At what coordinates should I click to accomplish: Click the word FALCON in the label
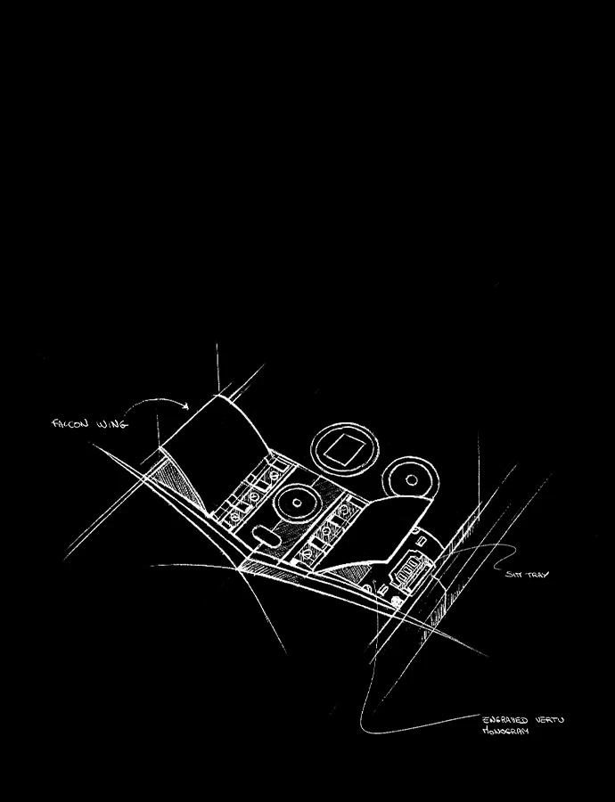click(x=70, y=424)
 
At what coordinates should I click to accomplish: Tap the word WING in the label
click(x=111, y=425)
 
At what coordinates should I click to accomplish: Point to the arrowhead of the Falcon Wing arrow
click(x=188, y=407)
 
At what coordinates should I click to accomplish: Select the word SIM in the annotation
click(x=512, y=574)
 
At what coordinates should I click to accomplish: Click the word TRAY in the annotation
click(x=536, y=575)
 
